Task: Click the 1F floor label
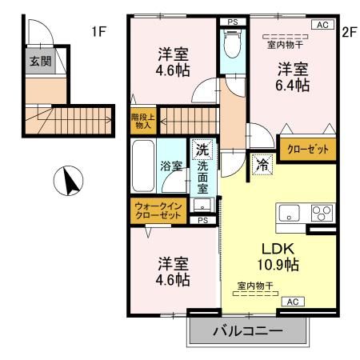point(98,32)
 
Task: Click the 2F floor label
point(348,32)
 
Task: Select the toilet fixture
point(232,46)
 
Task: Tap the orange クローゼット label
point(307,149)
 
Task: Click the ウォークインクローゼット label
point(158,211)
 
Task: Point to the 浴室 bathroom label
point(171,166)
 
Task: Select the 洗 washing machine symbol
point(202,150)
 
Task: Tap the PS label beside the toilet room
point(232,22)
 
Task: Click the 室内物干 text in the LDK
point(255,286)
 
